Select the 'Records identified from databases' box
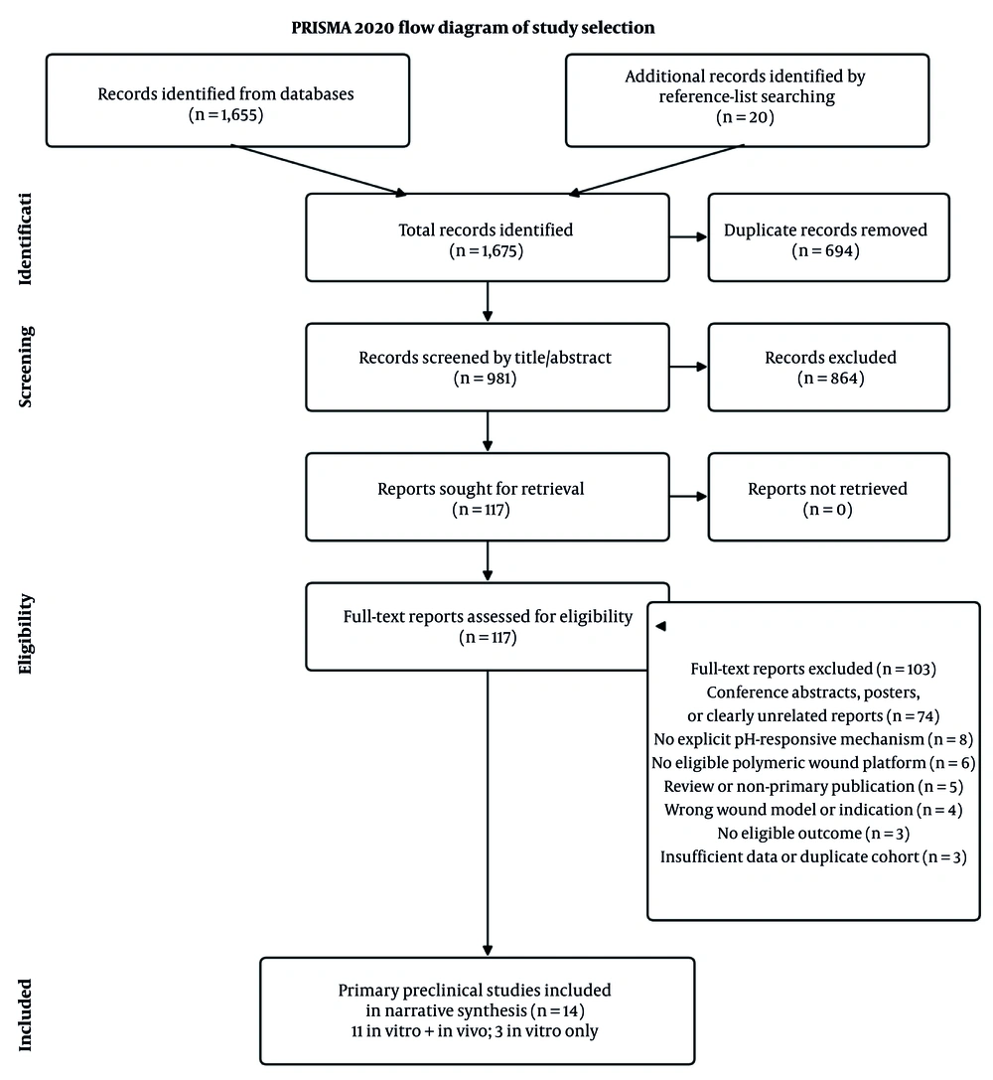pyautogui.click(x=227, y=100)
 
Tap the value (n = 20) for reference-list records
pyautogui.click(x=746, y=117)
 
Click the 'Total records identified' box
pyautogui.click(x=488, y=237)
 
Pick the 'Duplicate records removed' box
pyautogui.click(x=828, y=237)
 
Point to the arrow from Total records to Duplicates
pyautogui.click(x=689, y=236)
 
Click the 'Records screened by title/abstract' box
pyautogui.click(x=488, y=367)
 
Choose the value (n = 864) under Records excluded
pyautogui.click(x=830, y=379)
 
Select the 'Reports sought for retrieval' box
pyautogui.click(x=488, y=497)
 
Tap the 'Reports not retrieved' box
pyautogui.click(x=828, y=497)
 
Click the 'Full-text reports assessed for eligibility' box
pyautogui.click(x=488, y=627)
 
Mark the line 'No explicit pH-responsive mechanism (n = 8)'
pyautogui.click(x=813, y=740)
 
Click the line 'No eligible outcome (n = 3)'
pyautogui.click(x=813, y=834)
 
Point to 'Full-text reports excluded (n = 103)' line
pyautogui.click(x=813, y=669)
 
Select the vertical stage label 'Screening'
pyautogui.click(x=26, y=367)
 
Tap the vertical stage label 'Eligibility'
pyautogui.click(x=26, y=634)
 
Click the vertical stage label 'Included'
pyautogui.click(x=26, y=1014)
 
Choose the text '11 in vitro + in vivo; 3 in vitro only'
pyautogui.click(x=475, y=1031)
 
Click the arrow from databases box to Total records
pyautogui.click(x=320, y=170)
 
